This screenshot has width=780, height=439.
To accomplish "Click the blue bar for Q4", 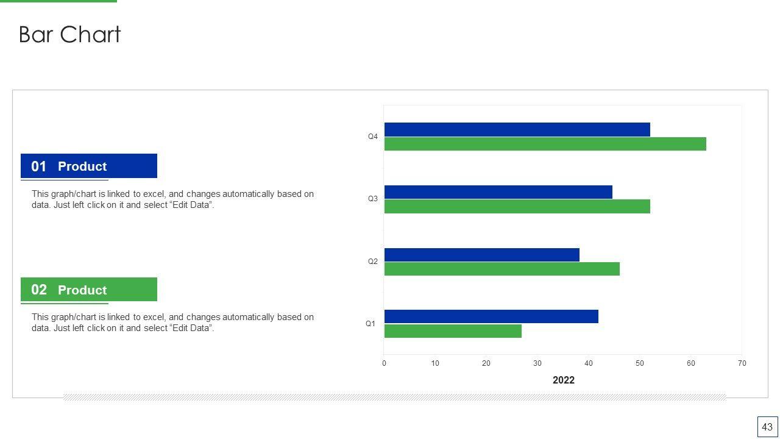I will (x=517, y=129).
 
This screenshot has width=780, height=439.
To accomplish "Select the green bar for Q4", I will (x=545, y=144).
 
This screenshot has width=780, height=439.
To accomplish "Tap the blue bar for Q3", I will (x=498, y=192).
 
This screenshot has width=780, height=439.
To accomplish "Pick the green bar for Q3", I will (x=517, y=206).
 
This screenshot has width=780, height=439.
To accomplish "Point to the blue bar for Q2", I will (x=481, y=255).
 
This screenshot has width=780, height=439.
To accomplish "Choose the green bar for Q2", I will (x=502, y=269).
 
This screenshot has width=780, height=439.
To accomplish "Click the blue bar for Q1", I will (x=491, y=316).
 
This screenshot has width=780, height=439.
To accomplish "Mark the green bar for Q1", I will (x=453, y=331).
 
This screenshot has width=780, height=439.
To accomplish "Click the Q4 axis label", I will (x=373, y=137).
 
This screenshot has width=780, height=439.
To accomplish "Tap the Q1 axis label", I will (x=370, y=324).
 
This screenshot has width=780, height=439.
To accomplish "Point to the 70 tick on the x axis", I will (x=742, y=363).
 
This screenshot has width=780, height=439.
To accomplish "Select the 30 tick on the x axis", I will (x=537, y=363).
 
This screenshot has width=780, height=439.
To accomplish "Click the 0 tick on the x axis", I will (x=384, y=363).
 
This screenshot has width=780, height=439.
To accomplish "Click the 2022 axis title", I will (x=563, y=380).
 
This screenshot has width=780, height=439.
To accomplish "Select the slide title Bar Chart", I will (x=70, y=34).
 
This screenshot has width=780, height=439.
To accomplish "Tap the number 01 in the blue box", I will (x=39, y=166).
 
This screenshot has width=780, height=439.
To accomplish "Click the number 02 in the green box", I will (x=39, y=290).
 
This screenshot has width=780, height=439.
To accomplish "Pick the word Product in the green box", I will (x=82, y=290).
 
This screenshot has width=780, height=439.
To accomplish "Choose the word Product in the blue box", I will (x=82, y=166).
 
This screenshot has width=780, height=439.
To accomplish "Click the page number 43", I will (x=767, y=427).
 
